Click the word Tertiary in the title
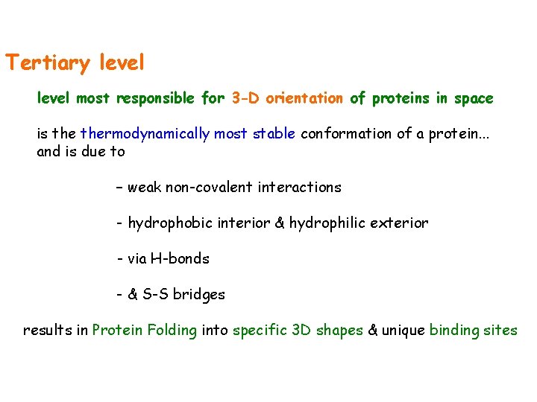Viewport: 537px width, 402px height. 46,63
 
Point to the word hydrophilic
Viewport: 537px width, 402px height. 325,223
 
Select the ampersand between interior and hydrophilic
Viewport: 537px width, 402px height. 280,223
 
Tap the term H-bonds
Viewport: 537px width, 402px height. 180,259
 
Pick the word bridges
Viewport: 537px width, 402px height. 198,295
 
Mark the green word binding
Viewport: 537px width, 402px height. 455,331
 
